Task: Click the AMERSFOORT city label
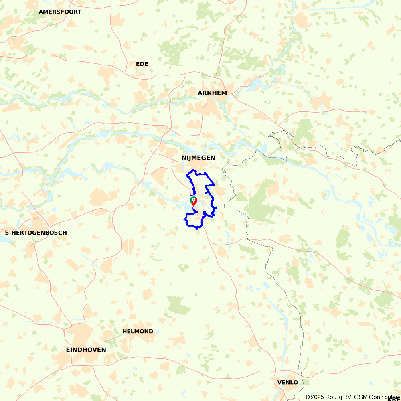tap(60, 12)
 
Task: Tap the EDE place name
tap(142, 64)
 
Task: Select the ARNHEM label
tap(212, 93)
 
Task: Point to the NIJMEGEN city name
tap(198, 158)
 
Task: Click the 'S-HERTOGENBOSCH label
tap(35, 233)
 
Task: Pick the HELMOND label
tap(138, 331)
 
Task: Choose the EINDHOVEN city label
tap(86, 350)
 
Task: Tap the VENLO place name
tap(288, 382)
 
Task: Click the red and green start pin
tap(194, 201)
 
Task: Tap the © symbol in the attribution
tap(308, 397)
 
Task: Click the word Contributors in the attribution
tap(384, 397)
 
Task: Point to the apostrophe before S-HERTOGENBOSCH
tap(4, 232)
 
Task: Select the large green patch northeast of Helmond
tap(179, 306)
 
